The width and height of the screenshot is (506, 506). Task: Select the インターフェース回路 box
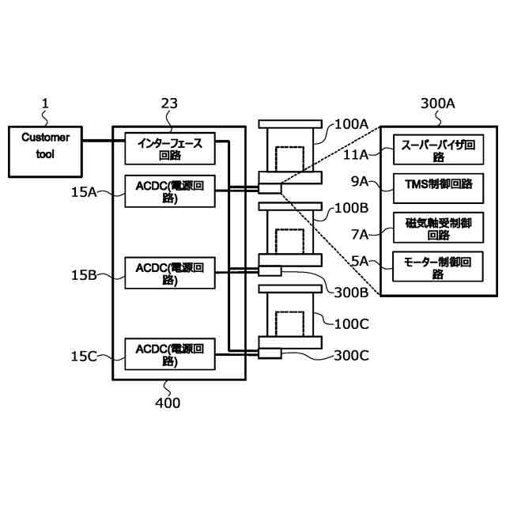[x=170, y=149]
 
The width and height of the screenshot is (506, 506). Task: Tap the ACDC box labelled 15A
[x=170, y=191]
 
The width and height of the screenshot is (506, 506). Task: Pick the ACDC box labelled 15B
[x=170, y=274]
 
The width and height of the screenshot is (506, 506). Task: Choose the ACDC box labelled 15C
[x=170, y=353]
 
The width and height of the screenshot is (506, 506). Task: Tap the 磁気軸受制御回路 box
[x=438, y=228]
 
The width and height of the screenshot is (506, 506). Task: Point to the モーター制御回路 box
[x=438, y=267]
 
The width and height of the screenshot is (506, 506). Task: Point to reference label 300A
[x=438, y=103]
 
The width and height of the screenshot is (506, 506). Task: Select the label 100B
[x=351, y=209]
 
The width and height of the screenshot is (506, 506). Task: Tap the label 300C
[x=351, y=356]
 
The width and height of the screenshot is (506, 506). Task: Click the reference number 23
[x=168, y=103]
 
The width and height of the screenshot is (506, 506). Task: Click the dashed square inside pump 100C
[x=290, y=322]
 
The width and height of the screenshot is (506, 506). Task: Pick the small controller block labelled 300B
[x=270, y=271]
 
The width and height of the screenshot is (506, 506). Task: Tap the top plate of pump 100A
[x=290, y=123]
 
